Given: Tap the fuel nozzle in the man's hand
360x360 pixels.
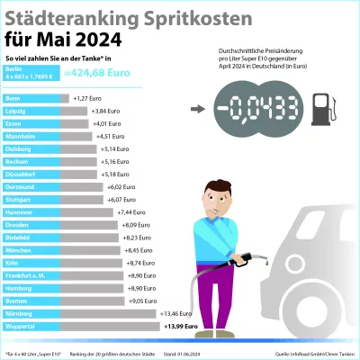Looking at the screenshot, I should pos(256,258).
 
